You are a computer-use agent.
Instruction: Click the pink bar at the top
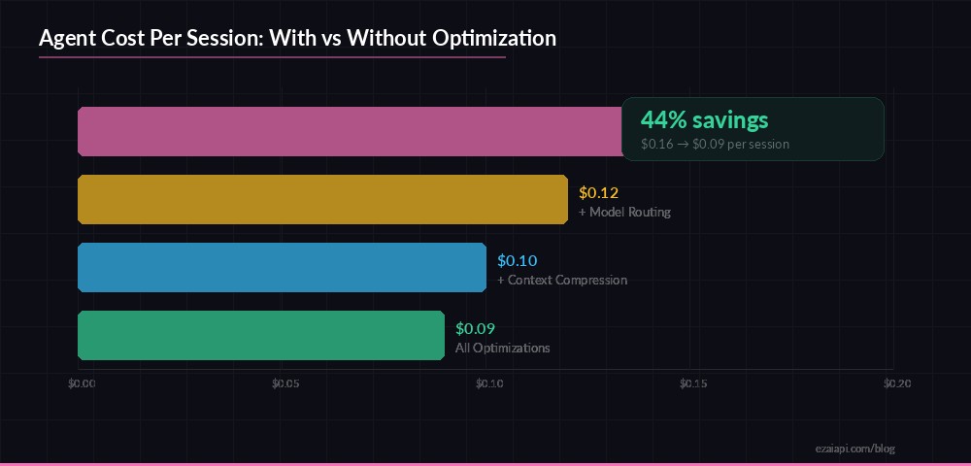pos(350,131)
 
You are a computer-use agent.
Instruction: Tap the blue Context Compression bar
pos(282,267)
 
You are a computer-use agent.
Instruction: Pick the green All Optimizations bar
pos(261,335)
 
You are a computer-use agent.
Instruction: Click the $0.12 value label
pos(598,192)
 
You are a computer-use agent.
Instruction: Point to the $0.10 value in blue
pos(517,260)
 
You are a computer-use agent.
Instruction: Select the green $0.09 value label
pos(475,328)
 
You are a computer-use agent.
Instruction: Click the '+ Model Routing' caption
pos(624,212)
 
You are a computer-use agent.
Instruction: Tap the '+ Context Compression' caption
pos(562,280)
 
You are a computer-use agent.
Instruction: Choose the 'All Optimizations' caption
pos(503,348)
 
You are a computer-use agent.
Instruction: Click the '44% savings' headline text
pos(704,120)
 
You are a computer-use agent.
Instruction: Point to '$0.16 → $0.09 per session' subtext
pos(715,144)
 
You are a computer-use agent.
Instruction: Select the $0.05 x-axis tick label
pos(285,383)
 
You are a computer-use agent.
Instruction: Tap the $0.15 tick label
pos(693,383)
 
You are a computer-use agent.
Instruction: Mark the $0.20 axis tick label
pos(896,383)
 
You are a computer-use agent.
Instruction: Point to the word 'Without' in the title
pos(385,39)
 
